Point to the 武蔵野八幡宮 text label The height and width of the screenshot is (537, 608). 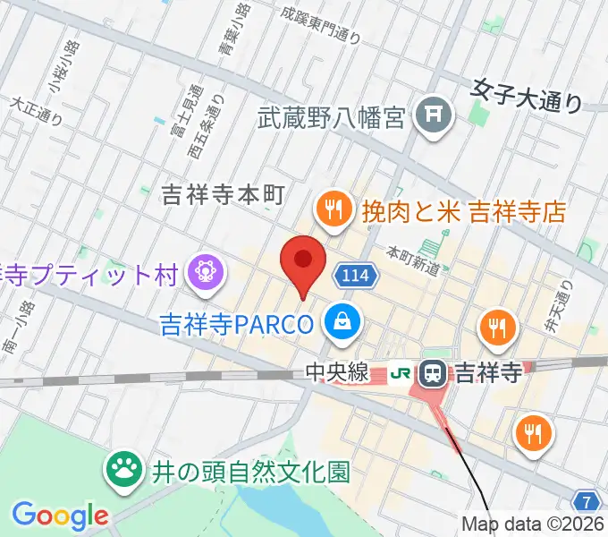tap(333, 116)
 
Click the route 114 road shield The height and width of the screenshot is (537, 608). tap(355, 275)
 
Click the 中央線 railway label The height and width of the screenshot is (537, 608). tap(336, 372)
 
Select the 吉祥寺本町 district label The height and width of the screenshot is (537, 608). tap(224, 193)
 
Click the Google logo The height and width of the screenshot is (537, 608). tap(60, 515)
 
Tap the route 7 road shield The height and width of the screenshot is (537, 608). tap(586, 499)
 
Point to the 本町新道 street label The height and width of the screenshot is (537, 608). tap(412, 258)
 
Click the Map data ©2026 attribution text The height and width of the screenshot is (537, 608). tap(534, 524)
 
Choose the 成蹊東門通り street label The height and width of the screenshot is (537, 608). tap(320, 25)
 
